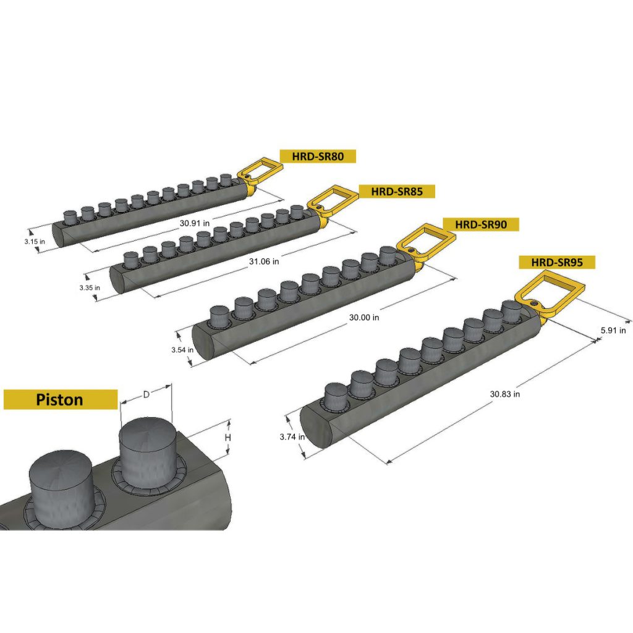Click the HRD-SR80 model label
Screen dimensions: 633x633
(318, 156)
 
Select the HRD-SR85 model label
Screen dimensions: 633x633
(397, 192)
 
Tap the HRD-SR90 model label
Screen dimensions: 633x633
(480, 224)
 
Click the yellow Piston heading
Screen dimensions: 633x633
(60, 399)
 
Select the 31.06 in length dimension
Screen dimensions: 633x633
(264, 261)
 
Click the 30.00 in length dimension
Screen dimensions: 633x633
(364, 318)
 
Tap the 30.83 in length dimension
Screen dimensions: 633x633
(505, 393)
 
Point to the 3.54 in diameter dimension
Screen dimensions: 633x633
(182, 350)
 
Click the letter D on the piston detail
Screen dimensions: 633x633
(146, 393)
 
